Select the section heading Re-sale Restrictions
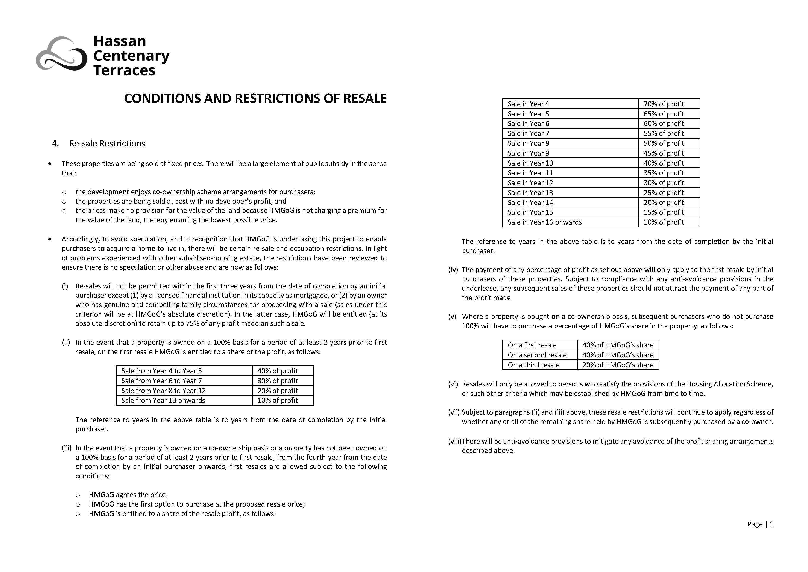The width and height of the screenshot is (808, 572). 107,144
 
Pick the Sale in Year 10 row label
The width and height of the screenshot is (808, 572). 530,163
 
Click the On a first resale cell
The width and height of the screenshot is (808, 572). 532,345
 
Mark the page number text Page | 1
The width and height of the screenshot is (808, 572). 760,524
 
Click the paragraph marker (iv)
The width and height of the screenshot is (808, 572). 453,270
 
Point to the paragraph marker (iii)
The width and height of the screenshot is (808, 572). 67,448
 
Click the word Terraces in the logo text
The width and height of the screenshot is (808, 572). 124,71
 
